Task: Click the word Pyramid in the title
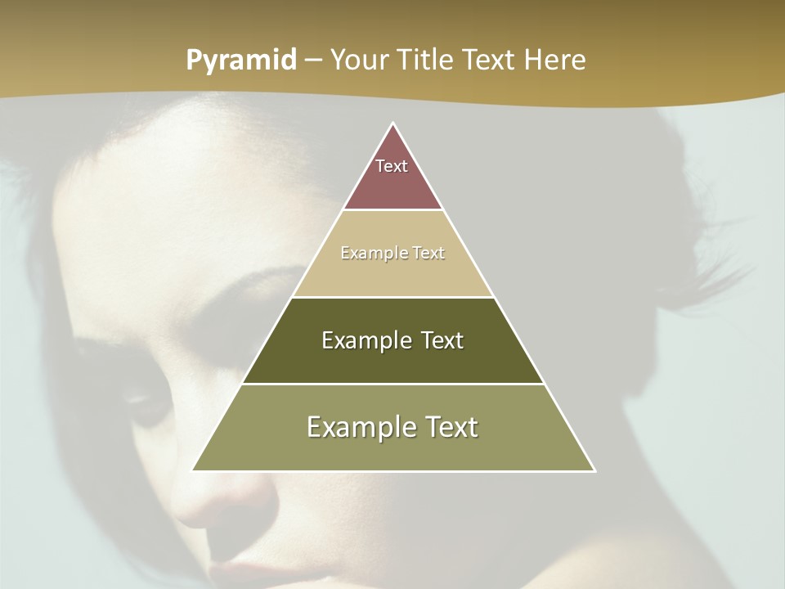241,61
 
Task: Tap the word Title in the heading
425,61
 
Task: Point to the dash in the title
313,61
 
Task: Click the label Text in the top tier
392,166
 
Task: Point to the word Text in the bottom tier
452,427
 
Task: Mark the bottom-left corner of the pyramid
194,470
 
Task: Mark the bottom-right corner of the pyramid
594,470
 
